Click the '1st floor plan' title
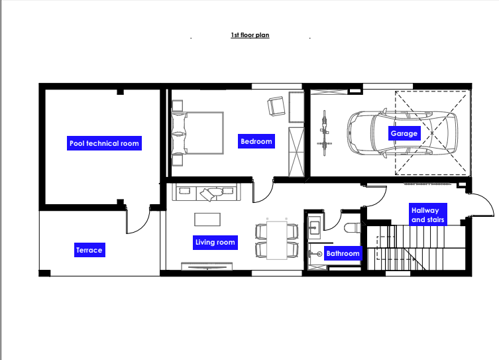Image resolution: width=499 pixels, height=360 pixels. pos(250,35)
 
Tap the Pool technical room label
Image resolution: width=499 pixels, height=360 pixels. pos(104,143)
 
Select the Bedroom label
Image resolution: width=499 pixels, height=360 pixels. pos(256,141)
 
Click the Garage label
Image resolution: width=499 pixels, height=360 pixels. pos(404,133)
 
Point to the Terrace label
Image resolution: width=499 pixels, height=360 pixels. pos(89,250)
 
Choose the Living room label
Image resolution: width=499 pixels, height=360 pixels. pos(215,243)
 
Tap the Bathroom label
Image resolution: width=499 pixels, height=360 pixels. pos(343,253)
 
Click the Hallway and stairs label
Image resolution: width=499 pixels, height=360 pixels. pos(427,215)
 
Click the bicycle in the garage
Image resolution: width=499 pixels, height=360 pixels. pos(324,133)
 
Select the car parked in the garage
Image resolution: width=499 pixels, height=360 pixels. pos(402,133)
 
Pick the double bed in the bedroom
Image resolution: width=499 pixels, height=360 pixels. pos(197,133)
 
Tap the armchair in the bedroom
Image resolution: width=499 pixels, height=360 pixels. pos(276,106)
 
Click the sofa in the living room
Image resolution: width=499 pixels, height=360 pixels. pos(206,192)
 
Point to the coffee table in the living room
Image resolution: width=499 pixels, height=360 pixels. pos(207,219)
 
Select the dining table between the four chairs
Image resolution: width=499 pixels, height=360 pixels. pos(277,240)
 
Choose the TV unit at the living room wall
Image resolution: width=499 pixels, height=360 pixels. pos(207,266)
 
